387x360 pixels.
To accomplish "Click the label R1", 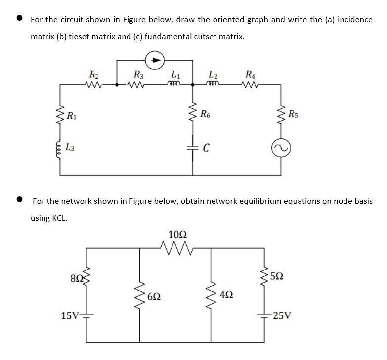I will (x=72, y=117).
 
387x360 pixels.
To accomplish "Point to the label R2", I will (x=93, y=75).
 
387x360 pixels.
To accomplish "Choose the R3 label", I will (x=139, y=75).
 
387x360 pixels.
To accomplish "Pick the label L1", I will (x=174, y=75).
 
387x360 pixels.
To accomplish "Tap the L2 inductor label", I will (x=213, y=75).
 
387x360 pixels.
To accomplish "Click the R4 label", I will (x=250, y=75).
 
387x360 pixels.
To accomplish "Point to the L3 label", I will (x=72, y=146).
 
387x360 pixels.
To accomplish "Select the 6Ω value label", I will (x=154, y=297).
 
